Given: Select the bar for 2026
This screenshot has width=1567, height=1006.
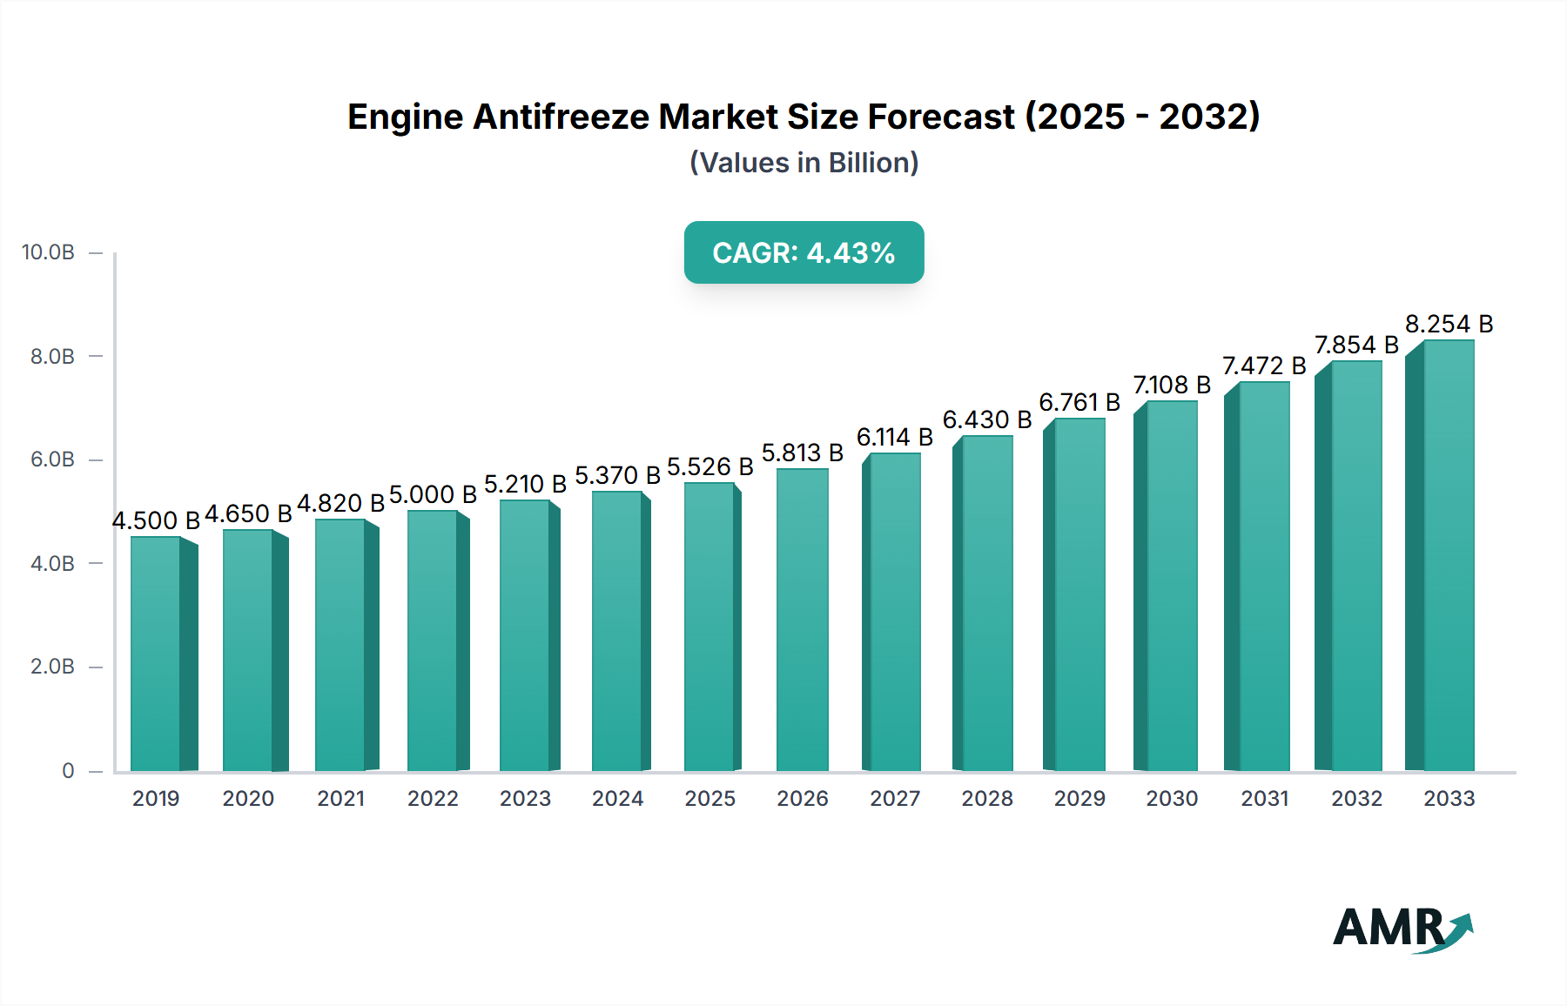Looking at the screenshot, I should tap(802, 620).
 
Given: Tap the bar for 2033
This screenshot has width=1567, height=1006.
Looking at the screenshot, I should tap(1448, 555).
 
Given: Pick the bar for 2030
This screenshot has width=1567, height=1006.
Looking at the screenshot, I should tap(1171, 586).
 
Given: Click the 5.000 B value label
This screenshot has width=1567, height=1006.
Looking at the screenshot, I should tap(433, 495).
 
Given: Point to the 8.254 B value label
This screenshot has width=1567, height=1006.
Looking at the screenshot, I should tap(1449, 325).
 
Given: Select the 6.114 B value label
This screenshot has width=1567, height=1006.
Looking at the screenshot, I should tap(894, 438).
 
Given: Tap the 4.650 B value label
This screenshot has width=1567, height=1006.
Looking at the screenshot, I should tap(248, 514).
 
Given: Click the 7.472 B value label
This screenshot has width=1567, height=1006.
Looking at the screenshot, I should tap(1264, 366).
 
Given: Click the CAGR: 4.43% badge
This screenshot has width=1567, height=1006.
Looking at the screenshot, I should tap(804, 252).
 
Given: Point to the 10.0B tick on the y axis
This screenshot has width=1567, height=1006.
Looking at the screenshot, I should tap(48, 252).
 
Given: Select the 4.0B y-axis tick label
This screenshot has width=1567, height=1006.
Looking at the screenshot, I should tap(52, 564).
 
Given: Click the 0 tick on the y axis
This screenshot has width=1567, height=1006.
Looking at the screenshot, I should tap(68, 771).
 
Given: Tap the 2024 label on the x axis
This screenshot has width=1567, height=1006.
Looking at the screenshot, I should tap(617, 799).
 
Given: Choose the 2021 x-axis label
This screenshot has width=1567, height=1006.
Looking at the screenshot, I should tap(340, 799).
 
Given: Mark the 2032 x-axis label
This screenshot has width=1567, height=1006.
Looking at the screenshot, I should tap(1356, 799).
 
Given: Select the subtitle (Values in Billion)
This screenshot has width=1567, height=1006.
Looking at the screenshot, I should tap(804, 163).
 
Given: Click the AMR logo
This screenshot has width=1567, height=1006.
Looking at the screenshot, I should tap(1402, 929).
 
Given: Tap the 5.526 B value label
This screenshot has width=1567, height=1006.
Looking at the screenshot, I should tap(710, 467).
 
